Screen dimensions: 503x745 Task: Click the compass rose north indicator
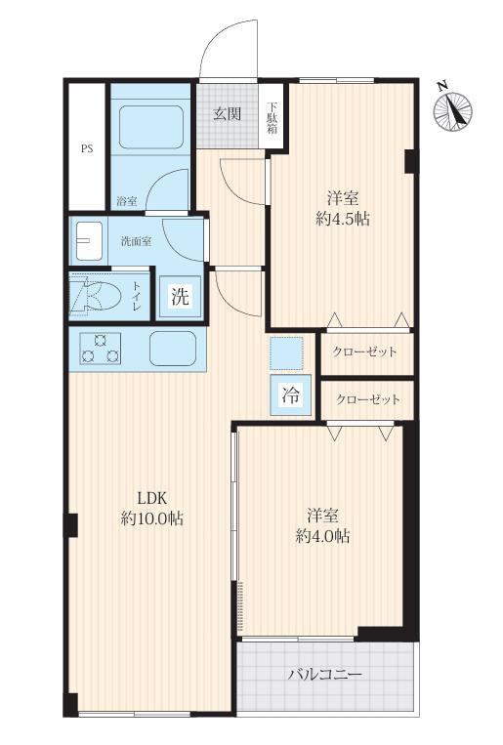click(x=452, y=110)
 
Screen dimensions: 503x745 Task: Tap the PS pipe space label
click(x=87, y=148)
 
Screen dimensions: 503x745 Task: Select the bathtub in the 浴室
click(x=151, y=127)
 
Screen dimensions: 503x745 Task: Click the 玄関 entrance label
click(x=228, y=113)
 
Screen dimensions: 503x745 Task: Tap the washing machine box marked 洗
click(x=180, y=297)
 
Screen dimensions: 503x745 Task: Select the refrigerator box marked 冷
click(x=290, y=394)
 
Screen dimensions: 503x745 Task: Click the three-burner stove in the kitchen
click(x=100, y=349)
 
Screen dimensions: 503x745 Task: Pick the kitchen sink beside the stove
click(x=173, y=349)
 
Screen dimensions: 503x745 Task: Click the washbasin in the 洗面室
click(x=89, y=241)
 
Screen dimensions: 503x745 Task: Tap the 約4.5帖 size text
click(x=343, y=219)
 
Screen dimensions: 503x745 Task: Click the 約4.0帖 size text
click(x=322, y=536)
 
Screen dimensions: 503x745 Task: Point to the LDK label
click(x=151, y=498)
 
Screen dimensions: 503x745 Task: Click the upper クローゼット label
click(x=364, y=352)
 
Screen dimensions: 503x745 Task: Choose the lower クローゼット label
click(x=368, y=399)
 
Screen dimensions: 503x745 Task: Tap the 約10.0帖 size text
click(x=152, y=518)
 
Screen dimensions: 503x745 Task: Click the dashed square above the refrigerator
click(x=286, y=352)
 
